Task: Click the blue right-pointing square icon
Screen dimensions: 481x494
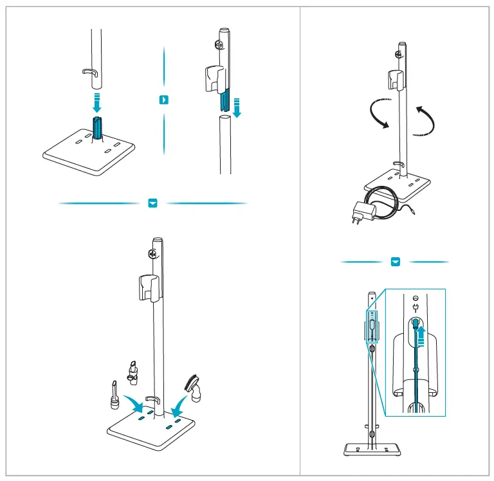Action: (x=165, y=100)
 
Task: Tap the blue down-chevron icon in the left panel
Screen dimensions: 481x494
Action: (x=152, y=203)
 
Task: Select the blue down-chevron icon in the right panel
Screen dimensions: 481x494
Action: (x=396, y=262)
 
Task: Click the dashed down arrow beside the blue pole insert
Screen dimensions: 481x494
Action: (x=237, y=107)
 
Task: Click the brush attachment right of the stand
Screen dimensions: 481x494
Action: (x=194, y=388)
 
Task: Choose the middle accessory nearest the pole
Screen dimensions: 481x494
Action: (x=134, y=374)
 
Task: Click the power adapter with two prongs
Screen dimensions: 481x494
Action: (x=358, y=212)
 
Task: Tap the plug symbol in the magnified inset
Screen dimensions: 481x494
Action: (x=416, y=307)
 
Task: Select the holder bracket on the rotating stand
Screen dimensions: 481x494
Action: (x=395, y=80)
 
